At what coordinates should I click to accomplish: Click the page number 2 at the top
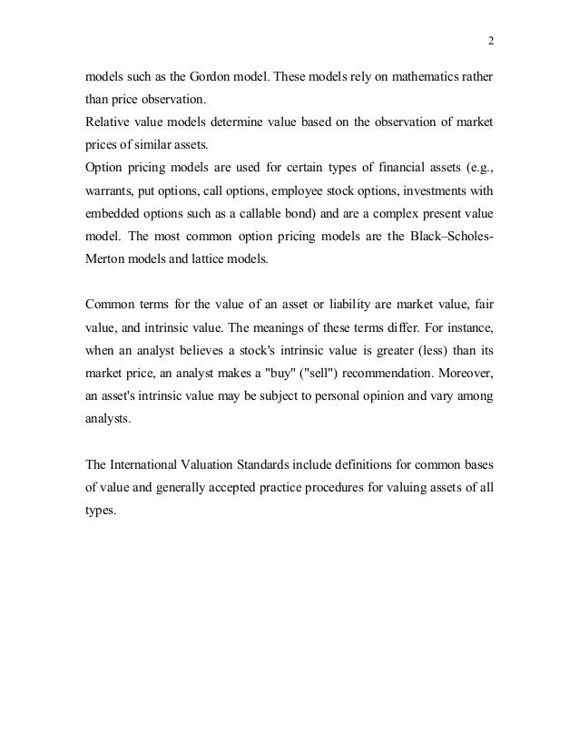point(490,40)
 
